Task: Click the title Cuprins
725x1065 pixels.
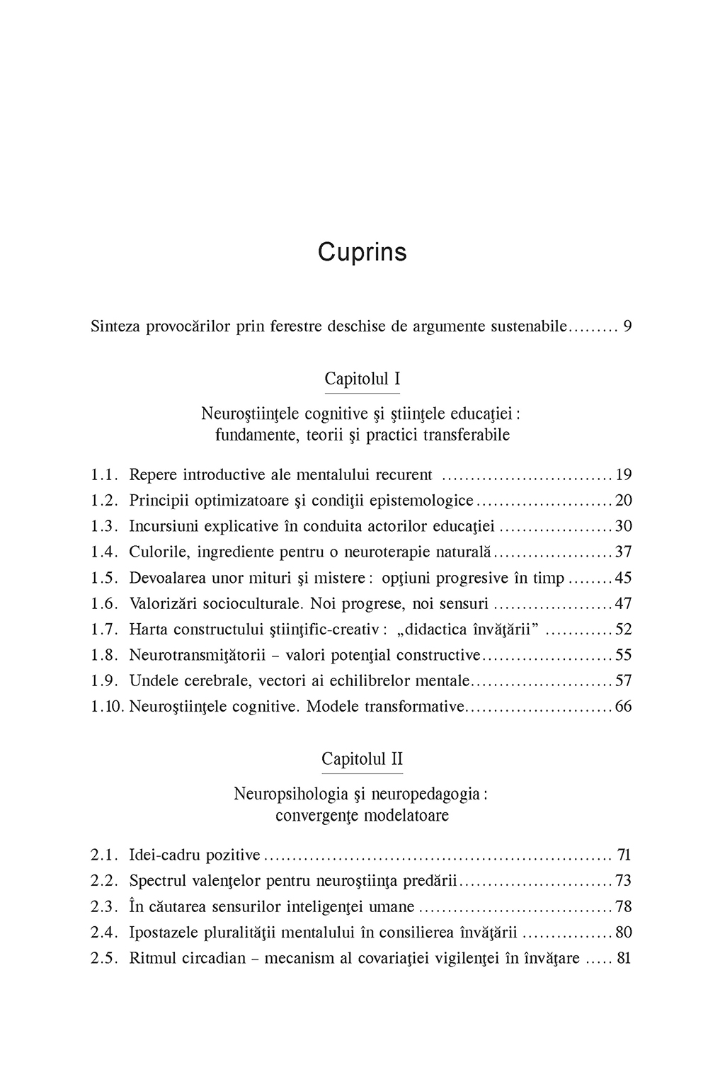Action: pyautogui.click(x=362, y=252)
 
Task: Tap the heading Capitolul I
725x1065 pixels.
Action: pyautogui.click(x=362, y=378)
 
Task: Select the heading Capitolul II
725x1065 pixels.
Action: pyautogui.click(x=362, y=758)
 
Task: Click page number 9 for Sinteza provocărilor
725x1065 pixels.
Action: pyautogui.click(x=627, y=326)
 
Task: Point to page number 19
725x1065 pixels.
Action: pyautogui.click(x=623, y=474)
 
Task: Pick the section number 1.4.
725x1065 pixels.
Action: pyautogui.click(x=103, y=552)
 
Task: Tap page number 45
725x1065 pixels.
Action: pyautogui.click(x=623, y=578)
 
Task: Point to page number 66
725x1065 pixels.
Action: pyautogui.click(x=623, y=707)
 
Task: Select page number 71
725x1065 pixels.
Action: pyautogui.click(x=624, y=855)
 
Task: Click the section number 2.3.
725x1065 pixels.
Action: pyautogui.click(x=103, y=906)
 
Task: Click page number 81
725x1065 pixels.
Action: pyautogui.click(x=624, y=959)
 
